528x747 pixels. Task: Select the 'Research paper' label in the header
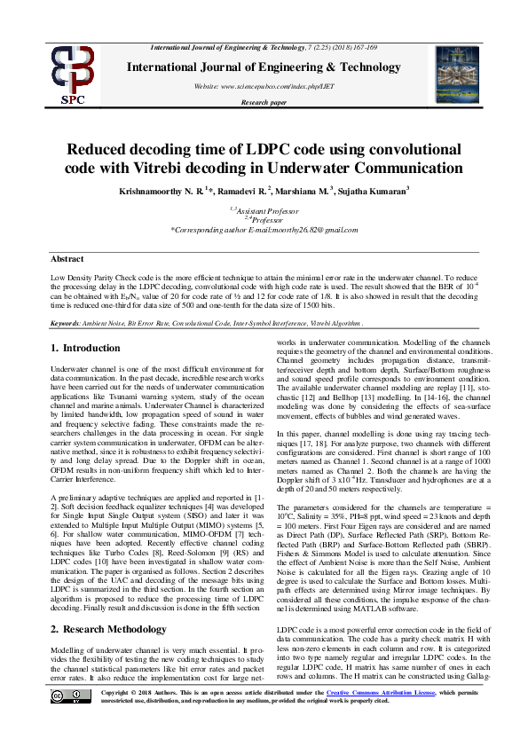[264, 103]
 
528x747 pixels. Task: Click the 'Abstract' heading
[67, 259]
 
